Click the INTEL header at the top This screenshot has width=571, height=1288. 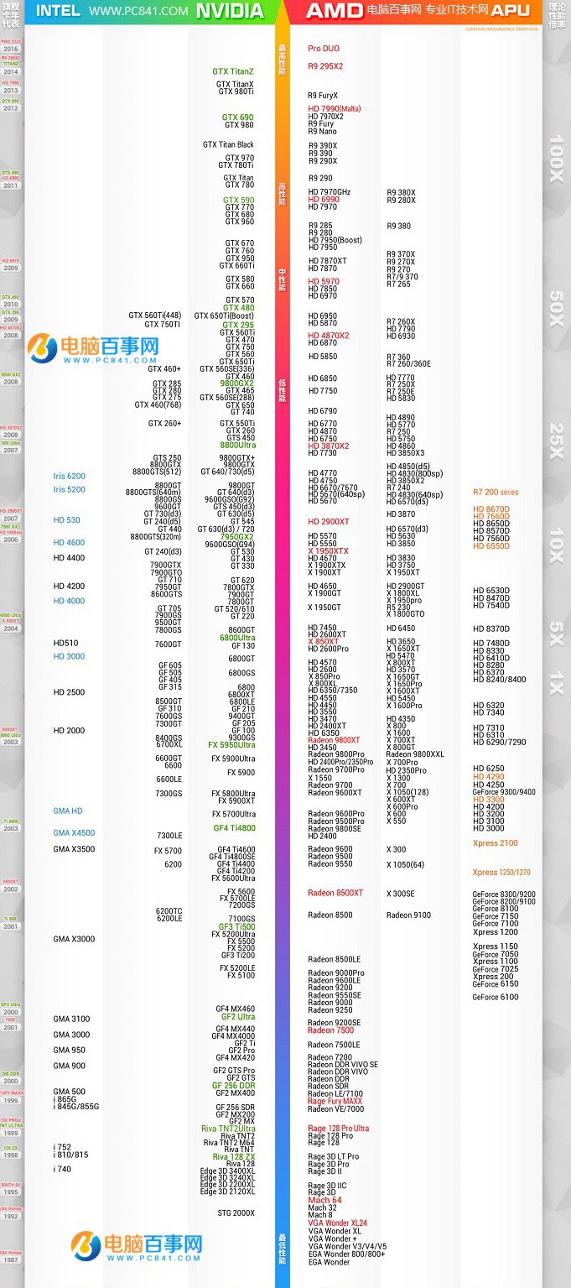(59, 11)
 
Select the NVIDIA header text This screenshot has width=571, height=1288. (229, 11)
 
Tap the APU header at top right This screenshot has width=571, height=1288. (511, 11)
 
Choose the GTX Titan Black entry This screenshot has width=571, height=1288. (228, 145)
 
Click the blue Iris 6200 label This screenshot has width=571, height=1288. (70, 477)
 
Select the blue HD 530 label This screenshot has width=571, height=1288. (67, 520)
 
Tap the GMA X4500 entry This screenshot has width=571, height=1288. (74, 833)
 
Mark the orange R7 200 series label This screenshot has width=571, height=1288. (496, 493)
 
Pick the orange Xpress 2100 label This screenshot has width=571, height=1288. (495, 843)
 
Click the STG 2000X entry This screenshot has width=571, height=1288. (236, 1213)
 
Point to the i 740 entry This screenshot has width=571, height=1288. (62, 1169)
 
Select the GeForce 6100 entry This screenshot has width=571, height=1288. (496, 998)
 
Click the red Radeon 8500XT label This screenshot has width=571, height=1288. (335, 893)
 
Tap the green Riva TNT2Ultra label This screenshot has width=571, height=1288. (228, 1129)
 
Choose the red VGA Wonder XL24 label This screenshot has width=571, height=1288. (337, 1223)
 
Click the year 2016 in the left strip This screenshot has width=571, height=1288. (11, 50)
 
